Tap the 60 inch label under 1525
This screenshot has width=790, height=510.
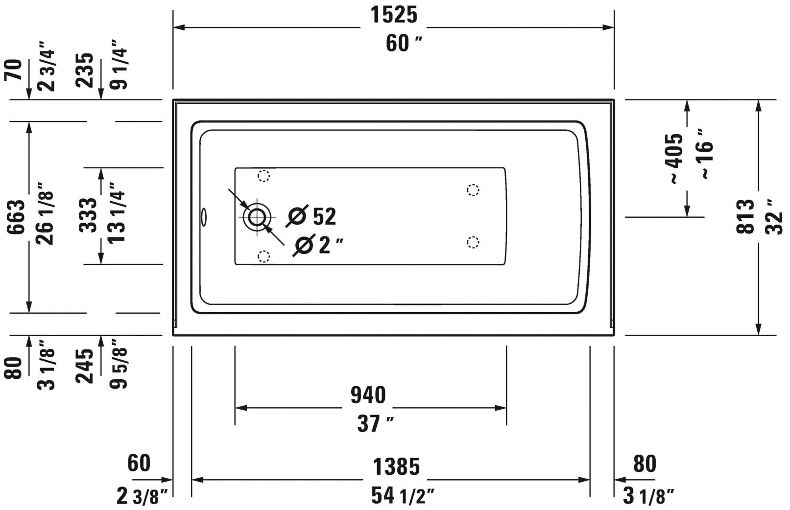[404, 44]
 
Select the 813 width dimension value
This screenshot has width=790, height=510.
[745, 216]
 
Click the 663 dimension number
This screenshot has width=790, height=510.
[16, 217]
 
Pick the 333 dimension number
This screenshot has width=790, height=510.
[88, 215]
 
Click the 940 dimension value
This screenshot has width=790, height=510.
[368, 395]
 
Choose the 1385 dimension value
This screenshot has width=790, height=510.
[396, 466]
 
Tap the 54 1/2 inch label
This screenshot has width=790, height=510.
[403, 495]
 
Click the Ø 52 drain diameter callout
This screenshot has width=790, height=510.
[311, 216]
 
